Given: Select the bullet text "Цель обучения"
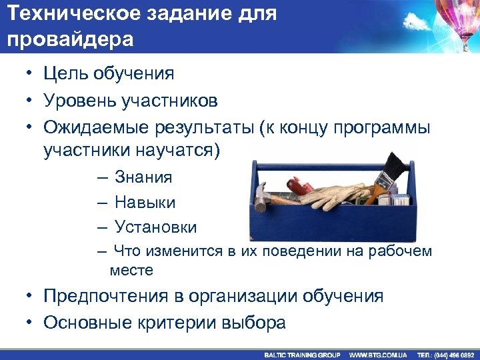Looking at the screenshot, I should point(109,73).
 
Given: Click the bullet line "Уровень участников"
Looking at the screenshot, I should point(130,100).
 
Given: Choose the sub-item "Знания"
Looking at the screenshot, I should point(143,177).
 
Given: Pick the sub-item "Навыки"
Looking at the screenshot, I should point(145,202).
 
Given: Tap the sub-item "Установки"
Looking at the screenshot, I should point(155,227).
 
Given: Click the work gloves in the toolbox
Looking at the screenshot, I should point(333,195).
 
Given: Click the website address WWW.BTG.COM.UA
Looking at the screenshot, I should point(378,355).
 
